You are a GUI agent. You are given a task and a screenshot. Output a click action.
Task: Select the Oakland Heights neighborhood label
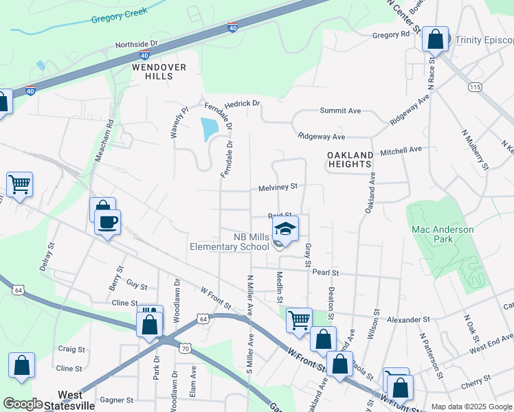(x=350, y=160)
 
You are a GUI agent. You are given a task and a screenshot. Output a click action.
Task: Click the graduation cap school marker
(x=286, y=229)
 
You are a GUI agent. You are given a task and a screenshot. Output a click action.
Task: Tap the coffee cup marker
(x=107, y=222)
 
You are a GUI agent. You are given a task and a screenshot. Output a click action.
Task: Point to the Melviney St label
(x=278, y=187)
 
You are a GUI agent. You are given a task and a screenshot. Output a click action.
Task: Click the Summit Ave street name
(x=340, y=111)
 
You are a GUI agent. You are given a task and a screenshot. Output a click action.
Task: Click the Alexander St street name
(x=407, y=320)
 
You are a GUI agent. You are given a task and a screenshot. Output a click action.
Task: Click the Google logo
(x=23, y=404)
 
